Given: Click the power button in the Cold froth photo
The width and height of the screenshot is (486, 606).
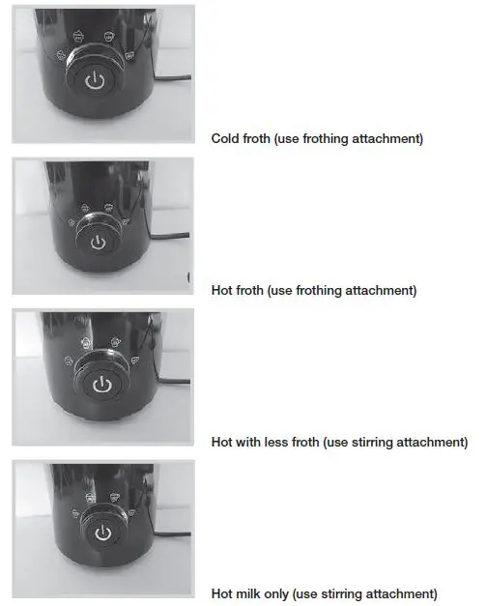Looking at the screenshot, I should (x=93, y=81).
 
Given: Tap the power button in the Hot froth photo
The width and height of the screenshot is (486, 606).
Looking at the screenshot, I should (x=97, y=241).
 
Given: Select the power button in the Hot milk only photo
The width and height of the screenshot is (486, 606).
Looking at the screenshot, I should (x=101, y=533).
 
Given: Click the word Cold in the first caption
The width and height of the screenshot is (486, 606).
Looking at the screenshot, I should (x=224, y=138).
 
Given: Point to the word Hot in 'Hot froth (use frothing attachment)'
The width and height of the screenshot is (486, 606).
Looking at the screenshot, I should (x=221, y=290).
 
